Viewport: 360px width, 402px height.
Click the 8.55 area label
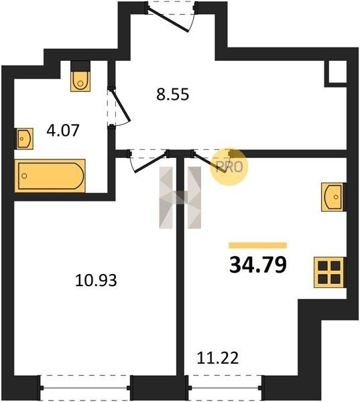click(173, 94)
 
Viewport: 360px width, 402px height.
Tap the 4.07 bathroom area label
click(63, 130)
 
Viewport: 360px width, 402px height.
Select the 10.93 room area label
click(96, 280)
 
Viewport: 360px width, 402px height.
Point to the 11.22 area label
click(218, 358)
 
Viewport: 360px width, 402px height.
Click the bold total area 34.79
click(258, 265)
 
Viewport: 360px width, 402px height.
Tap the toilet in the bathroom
click(80, 76)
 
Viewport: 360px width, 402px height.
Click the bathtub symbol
click(50, 176)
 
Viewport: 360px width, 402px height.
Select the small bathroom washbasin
click(25, 139)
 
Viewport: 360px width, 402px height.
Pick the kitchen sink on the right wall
click(333, 197)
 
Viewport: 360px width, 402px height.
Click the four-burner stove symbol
click(329, 273)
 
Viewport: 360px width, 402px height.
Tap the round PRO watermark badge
click(229, 167)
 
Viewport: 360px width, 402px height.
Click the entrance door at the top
click(171, 17)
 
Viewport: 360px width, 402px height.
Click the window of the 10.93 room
click(85, 388)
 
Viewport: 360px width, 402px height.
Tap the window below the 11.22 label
click(225, 388)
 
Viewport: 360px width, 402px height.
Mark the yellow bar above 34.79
click(258, 245)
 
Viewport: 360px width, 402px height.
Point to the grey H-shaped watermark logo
click(180, 198)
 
